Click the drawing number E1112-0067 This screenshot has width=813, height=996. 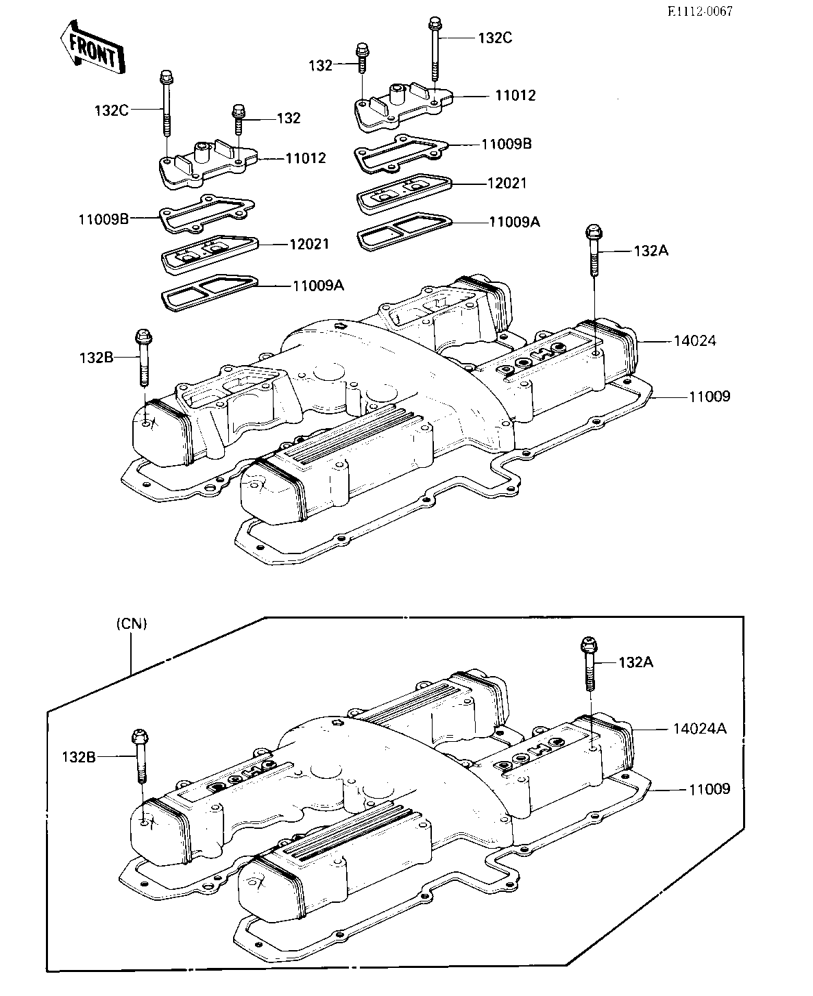pos(700,12)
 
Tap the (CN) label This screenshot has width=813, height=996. pos(132,624)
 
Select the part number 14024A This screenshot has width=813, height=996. pos(700,729)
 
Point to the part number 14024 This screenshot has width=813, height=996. pos(694,340)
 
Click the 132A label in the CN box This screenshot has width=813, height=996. pos(635,662)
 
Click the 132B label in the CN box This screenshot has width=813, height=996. pos(79,758)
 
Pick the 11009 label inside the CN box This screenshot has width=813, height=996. pos(709,789)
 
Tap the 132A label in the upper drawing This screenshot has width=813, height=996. pos(651,251)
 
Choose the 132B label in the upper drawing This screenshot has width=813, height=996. pos(97,358)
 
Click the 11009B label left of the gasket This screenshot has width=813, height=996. pos(104,219)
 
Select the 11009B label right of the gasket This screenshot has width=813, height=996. pos(507,144)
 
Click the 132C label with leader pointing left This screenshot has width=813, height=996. pos(495,38)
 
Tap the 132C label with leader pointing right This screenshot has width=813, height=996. pos(112,110)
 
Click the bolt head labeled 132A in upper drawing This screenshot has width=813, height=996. pos(594,232)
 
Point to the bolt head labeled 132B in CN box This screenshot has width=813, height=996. pos(141,737)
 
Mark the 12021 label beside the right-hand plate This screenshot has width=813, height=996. pos(507,183)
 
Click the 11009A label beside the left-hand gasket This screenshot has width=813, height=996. pos(318,286)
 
